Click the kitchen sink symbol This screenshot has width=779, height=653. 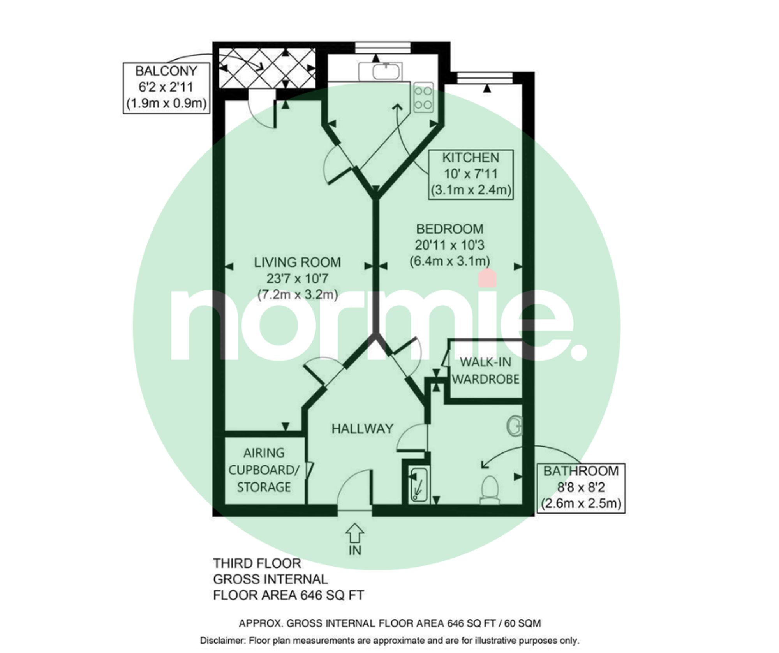380,71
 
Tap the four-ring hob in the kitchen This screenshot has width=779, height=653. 423,97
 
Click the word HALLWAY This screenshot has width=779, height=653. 362,429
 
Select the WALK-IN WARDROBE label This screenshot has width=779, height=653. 485,370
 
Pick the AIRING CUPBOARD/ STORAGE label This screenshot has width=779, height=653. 264,470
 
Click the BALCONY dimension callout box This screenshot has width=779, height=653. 166,88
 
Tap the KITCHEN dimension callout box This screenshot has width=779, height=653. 471,174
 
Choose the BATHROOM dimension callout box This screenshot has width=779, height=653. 581,488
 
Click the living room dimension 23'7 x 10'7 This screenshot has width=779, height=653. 297,278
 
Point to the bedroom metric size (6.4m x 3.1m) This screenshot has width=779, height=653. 449,261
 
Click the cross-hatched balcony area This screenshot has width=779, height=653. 267,69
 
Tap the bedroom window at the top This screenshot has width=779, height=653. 484,78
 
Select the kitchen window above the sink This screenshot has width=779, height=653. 383,48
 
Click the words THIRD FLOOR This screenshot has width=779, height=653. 257,563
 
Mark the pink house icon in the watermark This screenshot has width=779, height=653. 487,278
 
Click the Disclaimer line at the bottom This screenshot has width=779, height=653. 389,641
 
